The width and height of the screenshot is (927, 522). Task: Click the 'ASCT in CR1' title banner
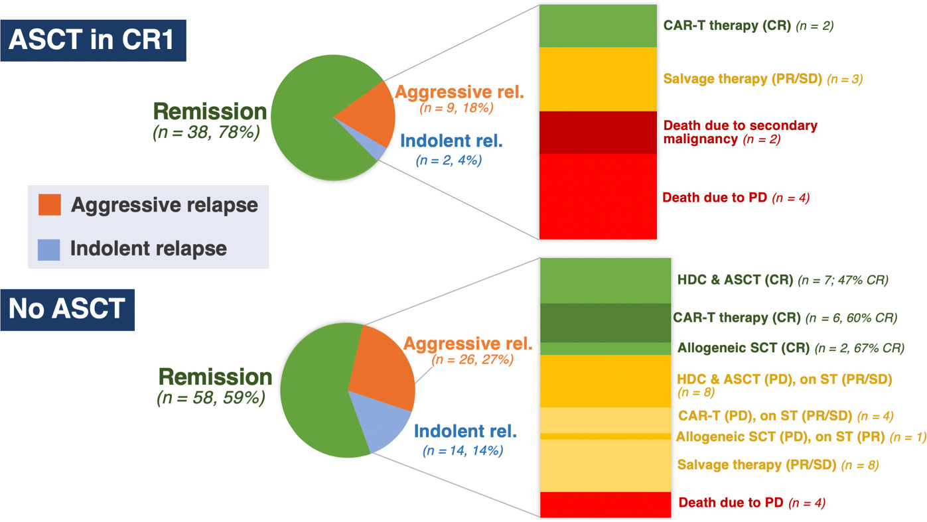click(93, 40)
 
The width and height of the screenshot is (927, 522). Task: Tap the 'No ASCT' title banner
click(68, 310)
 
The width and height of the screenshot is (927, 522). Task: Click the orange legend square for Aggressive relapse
click(50, 205)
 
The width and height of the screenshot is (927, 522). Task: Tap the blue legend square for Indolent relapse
click(49, 250)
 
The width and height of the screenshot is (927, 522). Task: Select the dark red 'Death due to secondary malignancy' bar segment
click(598, 133)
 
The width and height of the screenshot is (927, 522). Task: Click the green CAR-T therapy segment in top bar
click(598, 26)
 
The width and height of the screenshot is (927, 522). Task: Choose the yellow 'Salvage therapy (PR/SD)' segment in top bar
click(598, 80)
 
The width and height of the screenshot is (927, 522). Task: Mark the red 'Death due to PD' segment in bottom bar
click(605, 505)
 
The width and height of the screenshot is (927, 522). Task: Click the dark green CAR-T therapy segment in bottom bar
click(605, 322)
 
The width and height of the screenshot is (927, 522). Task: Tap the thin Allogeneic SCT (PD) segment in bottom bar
click(605, 436)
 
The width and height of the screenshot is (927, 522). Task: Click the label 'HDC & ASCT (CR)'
click(735, 280)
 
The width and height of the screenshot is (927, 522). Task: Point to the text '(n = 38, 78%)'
click(206, 133)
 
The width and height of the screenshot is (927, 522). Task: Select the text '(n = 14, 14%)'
click(463, 450)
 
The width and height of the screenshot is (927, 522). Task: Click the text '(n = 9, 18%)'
click(457, 108)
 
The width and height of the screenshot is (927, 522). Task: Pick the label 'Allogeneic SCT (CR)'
click(743, 348)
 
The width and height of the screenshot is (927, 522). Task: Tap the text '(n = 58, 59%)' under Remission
click(211, 398)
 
